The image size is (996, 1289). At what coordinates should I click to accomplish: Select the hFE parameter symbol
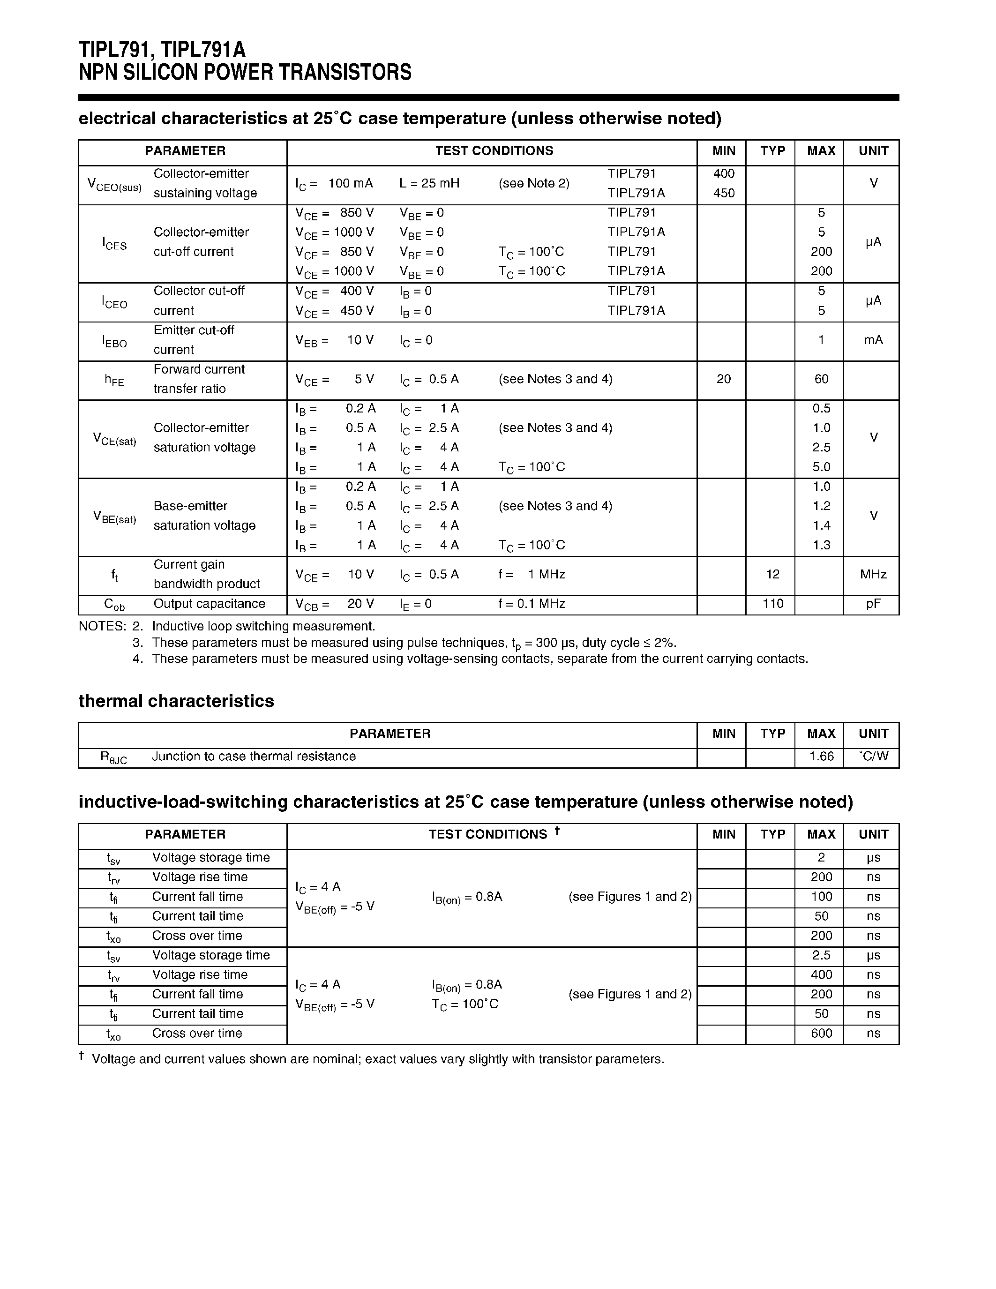point(114,380)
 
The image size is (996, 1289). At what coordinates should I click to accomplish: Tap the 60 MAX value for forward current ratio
point(821,379)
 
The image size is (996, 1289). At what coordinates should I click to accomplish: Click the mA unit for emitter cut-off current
point(873,340)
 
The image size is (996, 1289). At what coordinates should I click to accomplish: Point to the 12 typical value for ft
point(772,574)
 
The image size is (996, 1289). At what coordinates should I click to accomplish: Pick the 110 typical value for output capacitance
point(772,604)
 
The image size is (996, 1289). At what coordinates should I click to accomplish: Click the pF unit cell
point(873,604)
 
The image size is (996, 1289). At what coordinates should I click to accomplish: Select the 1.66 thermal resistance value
point(821,757)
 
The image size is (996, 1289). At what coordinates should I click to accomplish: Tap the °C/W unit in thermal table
point(873,757)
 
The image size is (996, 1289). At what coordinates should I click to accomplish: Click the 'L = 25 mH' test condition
point(429,184)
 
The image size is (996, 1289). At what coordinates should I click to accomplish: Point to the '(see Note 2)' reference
point(534,184)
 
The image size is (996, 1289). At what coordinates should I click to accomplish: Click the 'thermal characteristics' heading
point(176,701)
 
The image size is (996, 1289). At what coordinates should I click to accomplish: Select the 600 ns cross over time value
point(821,1034)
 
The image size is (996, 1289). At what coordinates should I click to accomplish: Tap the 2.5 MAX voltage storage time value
point(821,956)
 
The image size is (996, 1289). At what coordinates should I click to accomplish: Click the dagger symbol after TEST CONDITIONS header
point(557,831)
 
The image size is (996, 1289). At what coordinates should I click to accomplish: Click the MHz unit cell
point(873,574)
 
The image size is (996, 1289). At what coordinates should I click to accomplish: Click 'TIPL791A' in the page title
point(203,50)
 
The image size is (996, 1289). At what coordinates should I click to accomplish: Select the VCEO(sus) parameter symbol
point(114,185)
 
